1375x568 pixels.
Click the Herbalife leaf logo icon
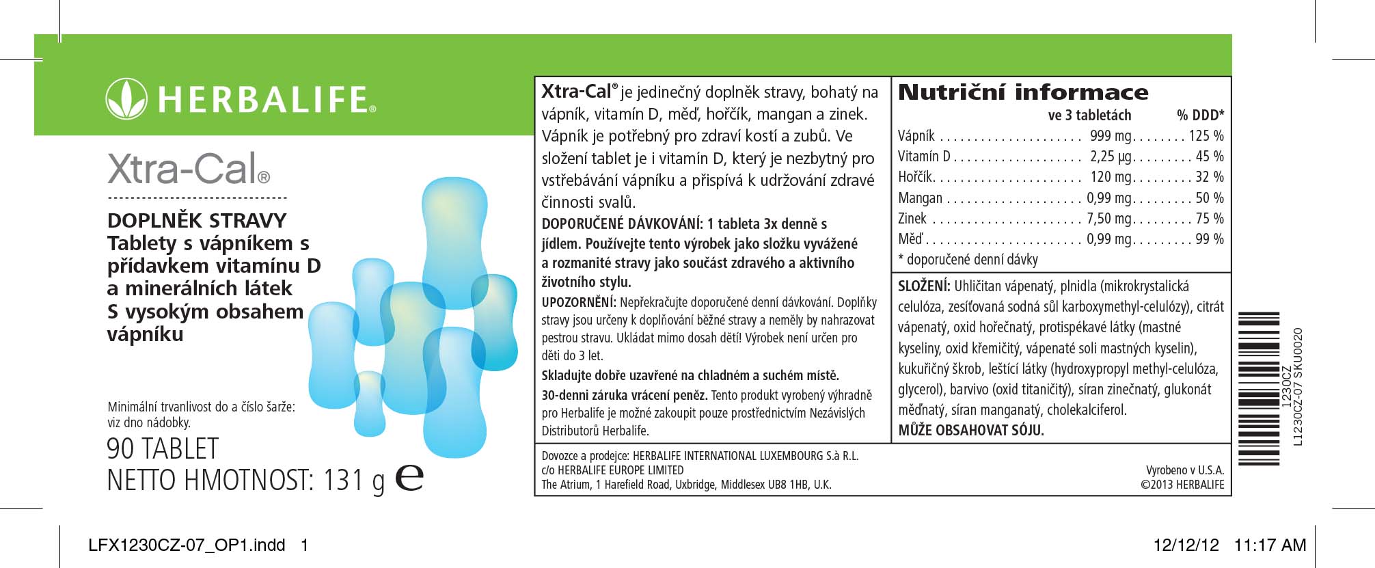click(x=126, y=99)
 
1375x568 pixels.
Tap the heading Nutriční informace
click(x=1023, y=92)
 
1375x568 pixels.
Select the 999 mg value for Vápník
click(x=1111, y=136)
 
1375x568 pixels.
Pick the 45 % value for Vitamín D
click(x=1210, y=157)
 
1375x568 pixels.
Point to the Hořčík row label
click(x=916, y=177)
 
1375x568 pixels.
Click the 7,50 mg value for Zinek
click(x=1110, y=219)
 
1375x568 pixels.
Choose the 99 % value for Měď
click(x=1210, y=239)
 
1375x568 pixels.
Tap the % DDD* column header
click(x=1200, y=115)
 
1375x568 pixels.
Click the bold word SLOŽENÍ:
click(x=924, y=286)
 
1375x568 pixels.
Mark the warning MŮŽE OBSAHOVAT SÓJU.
click(x=971, y=430)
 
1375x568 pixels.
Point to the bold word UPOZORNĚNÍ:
click(x=580, y=302)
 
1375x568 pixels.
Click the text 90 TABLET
click(x=163, y=449)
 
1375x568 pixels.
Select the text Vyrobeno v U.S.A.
click(x=1185, y=470)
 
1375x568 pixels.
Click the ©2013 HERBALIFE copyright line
click(x=1182, y=485)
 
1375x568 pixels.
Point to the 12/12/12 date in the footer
click(x=1186, y=545)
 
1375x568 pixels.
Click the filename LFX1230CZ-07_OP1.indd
click(x=187, y=545)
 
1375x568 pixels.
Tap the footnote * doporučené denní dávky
click(x=968, y=260)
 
